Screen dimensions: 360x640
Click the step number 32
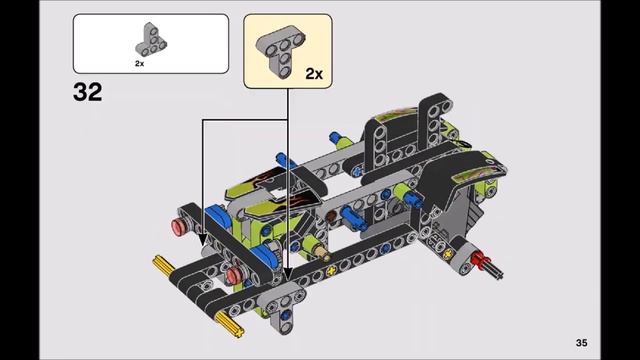tap(87, 93)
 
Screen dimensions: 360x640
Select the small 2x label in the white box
tap(140, 63)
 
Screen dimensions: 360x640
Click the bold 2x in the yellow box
tap(314, 74)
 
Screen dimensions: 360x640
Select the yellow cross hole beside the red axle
tap(460, 256)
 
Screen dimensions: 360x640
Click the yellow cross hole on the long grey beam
tap(331, 271)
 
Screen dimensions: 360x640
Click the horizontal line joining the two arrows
tap(246, 120)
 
